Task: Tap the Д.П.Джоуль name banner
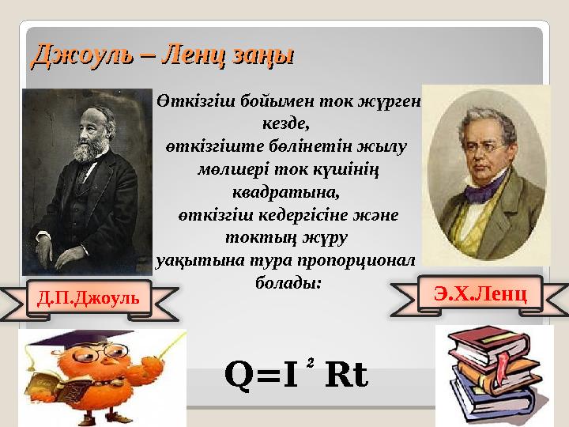coord(88,298)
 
